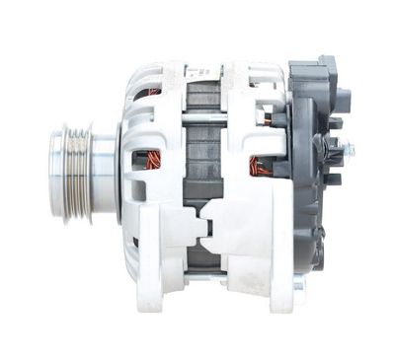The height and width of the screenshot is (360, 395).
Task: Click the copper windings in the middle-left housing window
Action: [149, 158]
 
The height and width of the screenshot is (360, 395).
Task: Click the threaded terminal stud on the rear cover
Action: [346, 150]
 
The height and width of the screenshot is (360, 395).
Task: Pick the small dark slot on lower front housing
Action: [134, 240]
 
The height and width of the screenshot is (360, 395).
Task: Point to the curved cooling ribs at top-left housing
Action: [138, 79]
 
